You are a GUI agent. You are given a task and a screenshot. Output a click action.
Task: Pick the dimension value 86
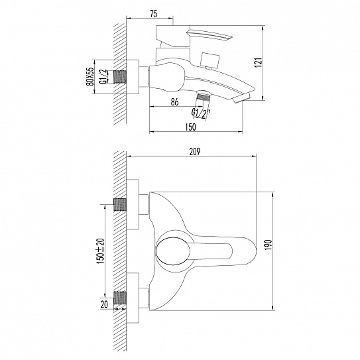tap(175, 101)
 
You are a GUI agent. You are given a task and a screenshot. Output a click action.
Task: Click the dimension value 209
tap(194, 150)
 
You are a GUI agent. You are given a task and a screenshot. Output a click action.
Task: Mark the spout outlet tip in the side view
tap(244, 97)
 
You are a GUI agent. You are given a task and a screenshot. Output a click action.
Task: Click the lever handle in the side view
tap(209, 34)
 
